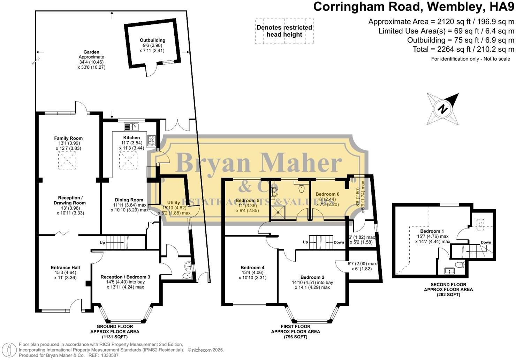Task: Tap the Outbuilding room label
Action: [152, 40]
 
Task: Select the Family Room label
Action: [68, 138]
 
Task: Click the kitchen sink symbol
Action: [131, 127]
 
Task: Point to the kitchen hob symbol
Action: [152, 140]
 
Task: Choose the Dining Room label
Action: [128, 200]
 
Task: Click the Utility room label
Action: [173, 202]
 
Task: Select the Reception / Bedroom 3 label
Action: [125, 277]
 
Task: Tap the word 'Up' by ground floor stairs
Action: [102, 242]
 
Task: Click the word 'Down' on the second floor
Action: [486, 242]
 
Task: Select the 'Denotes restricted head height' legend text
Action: [284, 31]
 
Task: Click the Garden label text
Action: [91, 52]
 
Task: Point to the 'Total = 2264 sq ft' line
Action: [463, 49]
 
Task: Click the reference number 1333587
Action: [109, 355]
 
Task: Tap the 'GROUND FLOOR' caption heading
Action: [115, 327]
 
